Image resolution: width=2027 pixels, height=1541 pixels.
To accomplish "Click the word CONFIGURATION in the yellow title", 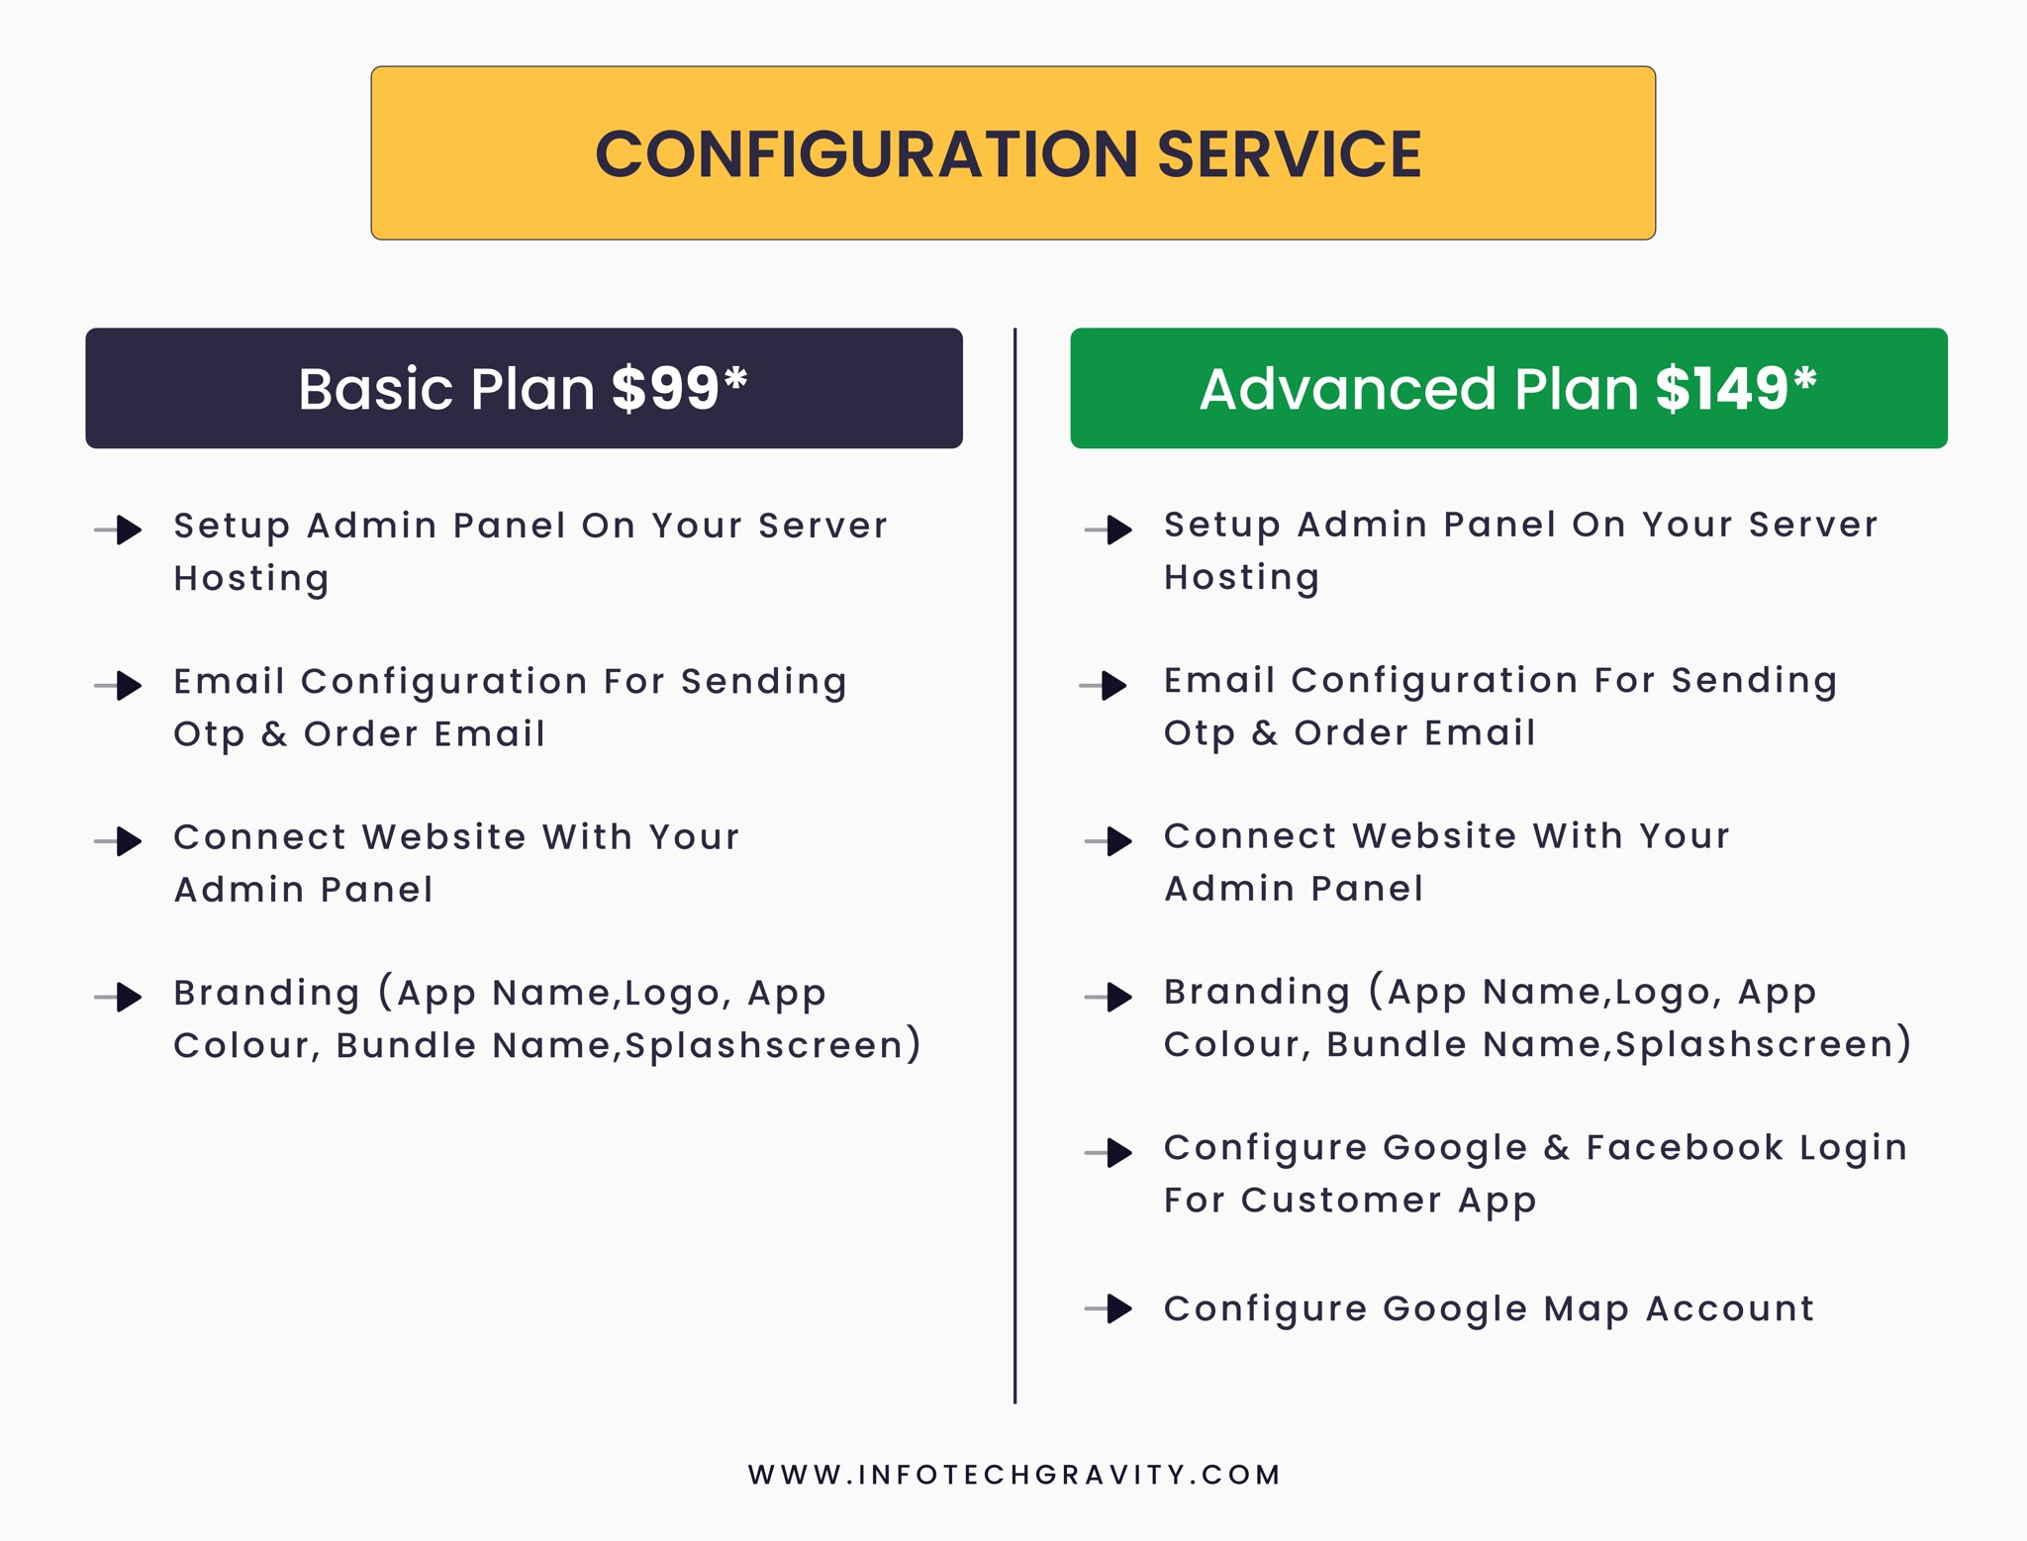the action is click(867, 154).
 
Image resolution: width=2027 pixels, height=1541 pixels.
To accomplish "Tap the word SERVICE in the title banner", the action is click(1289, 154).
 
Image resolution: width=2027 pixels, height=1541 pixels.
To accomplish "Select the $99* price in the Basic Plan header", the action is click(679, 388).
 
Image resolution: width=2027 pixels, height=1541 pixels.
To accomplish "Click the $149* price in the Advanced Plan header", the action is click(1736, 388).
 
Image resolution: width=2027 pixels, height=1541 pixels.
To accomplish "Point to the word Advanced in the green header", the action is click(1347, 388).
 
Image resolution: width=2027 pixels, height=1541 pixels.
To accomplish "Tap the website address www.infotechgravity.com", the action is click(1014, 1475).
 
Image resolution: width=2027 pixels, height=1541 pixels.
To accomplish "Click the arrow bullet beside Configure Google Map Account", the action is click(1109, 1308).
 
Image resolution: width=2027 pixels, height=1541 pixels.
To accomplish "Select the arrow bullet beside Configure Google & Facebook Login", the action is click(1109, 1152).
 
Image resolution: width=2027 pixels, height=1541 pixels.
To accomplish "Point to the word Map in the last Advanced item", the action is click(1586, 1310).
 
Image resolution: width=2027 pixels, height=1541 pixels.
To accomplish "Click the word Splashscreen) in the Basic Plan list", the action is click(772, 1046).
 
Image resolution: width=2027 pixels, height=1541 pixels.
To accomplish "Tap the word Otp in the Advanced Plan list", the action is click(1199, 734).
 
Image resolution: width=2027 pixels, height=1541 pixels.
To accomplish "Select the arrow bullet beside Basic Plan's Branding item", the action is click(118, 997).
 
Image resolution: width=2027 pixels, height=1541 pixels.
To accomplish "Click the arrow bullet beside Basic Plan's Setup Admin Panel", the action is click(118, 530).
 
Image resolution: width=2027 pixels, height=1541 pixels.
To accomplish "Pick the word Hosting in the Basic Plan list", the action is click(251, 579).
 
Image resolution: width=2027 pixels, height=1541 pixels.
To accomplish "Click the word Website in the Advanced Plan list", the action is click(1434, 836).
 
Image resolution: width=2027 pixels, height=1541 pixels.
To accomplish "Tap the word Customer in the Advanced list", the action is click(1341, 1201).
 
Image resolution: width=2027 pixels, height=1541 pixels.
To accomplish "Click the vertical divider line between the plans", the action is click(1014, 865).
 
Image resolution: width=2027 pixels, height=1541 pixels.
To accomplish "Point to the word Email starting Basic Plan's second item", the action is click(230, 681).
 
